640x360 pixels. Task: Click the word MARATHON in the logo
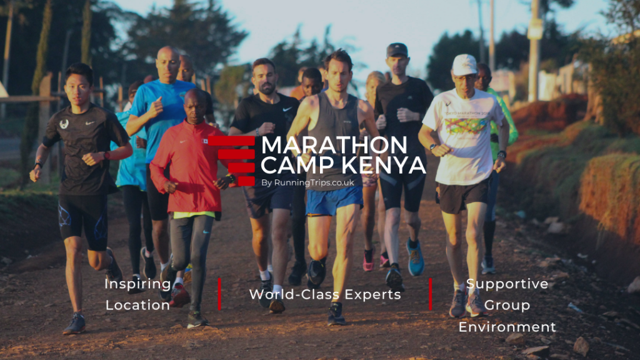pyautogui.click(x=334, y=145)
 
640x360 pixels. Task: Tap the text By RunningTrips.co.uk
pyautogui.click(x=307, y=183)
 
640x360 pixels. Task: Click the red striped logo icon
pyautogui.click(x=231, y=161)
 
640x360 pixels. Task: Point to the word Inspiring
pyautogui.click(x=137, y=284)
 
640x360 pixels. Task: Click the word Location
pyautogui.click(x=137, y=305)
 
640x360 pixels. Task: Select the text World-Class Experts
pyautogui.click(x=325, y=294)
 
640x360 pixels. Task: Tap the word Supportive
pyautogui.click(x=507, y=284)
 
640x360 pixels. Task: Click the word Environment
pyautogui.click(x=507, y=327)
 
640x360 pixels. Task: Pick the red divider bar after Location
pyautogui.click(x=219, y=294)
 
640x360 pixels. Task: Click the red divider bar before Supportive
pyautogui.click(x=430, y=294)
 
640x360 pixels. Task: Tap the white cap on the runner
pyautogui.click(x=464, y=65)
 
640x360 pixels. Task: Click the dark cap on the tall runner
pyautogui.click(x=396, y=50)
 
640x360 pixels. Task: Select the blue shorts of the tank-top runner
pyautogui.click(x=334, y=201)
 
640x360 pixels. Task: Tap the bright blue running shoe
pyautogui.click(x=415, y=257)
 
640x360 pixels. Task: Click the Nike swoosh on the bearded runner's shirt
pyautogui.click(x=287, y=109)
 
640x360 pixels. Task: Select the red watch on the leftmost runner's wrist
pyautogui.click(x=106, y=156)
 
